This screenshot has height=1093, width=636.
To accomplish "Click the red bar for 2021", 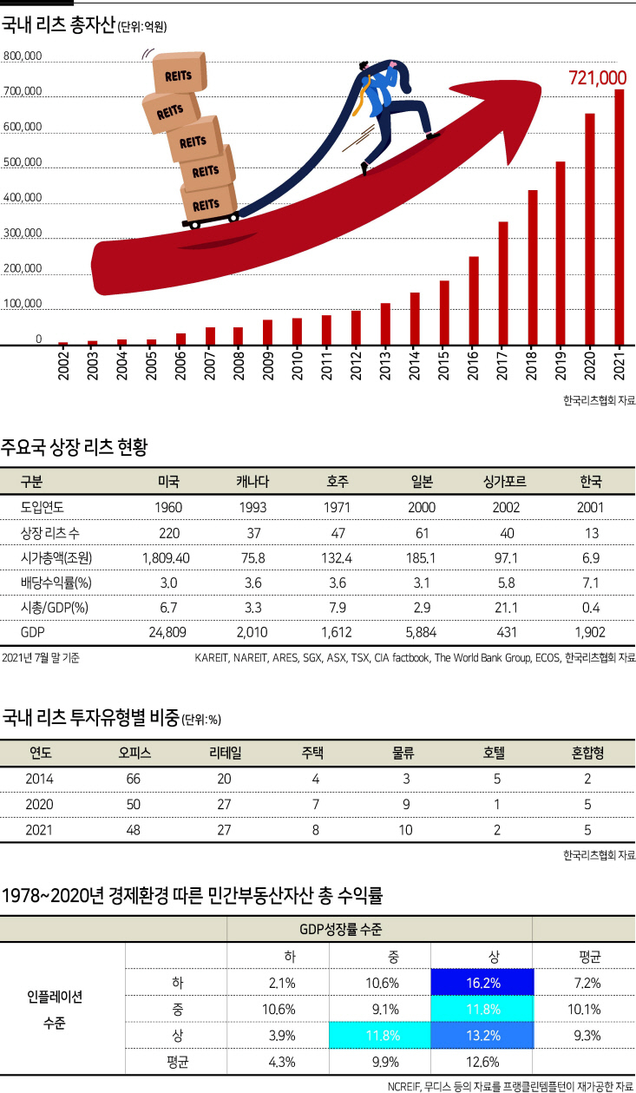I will (619, 217).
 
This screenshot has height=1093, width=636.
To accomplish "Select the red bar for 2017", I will (502, 283).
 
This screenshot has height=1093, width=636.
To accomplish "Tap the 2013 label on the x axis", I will (385, 365).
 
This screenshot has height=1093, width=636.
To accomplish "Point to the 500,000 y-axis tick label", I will (23, 162).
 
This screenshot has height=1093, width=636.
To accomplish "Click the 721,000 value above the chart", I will (597, 78).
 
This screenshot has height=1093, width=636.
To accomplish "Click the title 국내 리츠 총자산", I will (58, 26).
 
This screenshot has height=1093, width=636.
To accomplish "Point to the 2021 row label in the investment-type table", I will (39, 830).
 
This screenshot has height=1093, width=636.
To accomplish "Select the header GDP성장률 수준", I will (379, 929).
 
